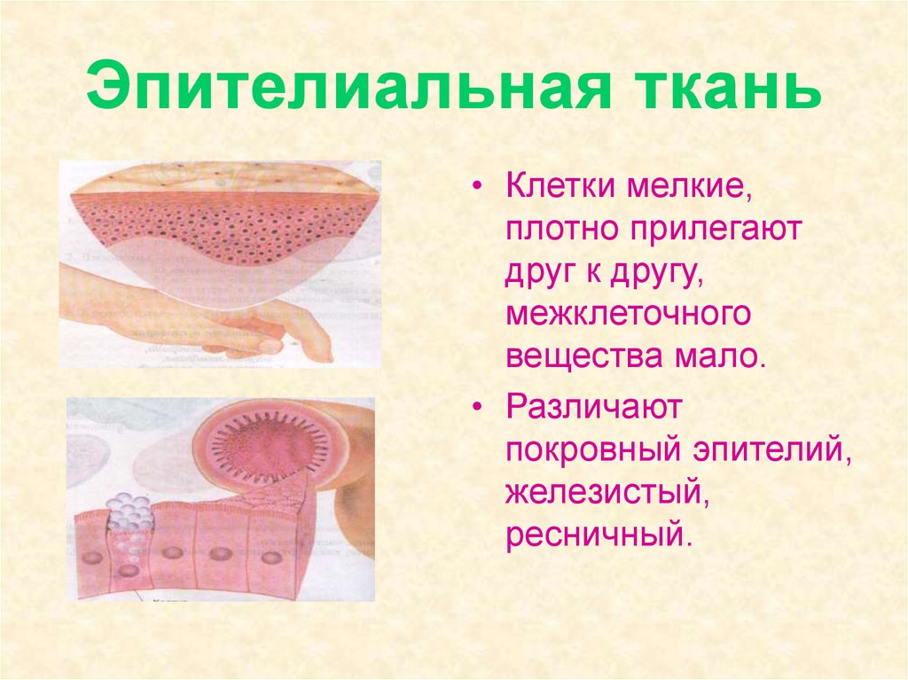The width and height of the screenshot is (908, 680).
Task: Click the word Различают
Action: point(593,409)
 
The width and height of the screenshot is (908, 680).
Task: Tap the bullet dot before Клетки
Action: point(478,189)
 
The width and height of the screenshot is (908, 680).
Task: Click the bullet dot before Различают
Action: point(478,410)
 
